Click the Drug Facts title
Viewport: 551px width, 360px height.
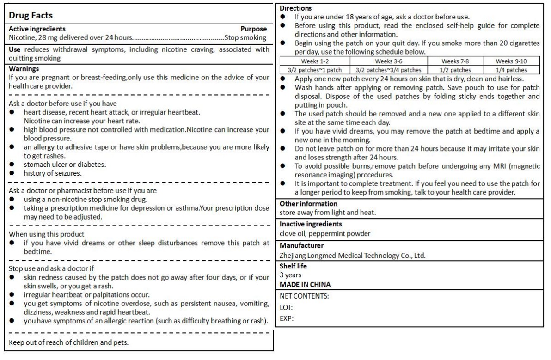[31, 15]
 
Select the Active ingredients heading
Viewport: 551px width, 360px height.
[37, 29]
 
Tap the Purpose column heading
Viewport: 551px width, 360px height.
[253, 29]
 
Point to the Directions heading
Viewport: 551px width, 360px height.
[296, 8]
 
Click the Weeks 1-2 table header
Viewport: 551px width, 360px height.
[315, 61]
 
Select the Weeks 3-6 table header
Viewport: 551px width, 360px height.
[389, 61]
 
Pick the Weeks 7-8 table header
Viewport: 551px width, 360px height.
[456, 61]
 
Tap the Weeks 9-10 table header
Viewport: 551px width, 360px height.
[511, 61]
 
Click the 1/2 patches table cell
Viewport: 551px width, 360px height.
[456, 70]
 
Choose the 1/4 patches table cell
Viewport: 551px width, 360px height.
[511, 70]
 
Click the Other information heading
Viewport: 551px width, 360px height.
[308, 204]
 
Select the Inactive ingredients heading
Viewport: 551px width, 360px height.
[311, 224]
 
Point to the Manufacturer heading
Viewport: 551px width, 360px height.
[301, 245]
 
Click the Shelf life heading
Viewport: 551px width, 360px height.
[293, 266]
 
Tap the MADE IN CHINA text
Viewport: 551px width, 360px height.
[305, 284]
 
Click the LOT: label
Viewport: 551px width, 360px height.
[286, 307]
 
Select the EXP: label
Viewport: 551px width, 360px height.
[287, 318]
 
